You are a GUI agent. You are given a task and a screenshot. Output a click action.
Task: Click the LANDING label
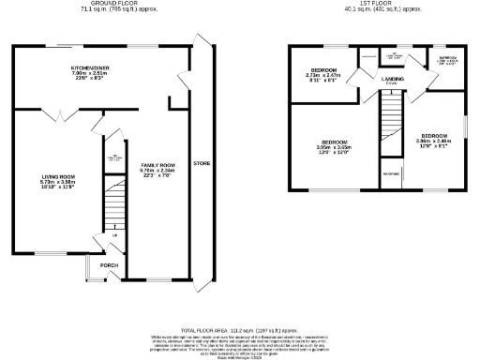[393, 91]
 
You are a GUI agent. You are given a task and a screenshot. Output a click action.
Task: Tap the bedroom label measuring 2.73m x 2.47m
[324, 71]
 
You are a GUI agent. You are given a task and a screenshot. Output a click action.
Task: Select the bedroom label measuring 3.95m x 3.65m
[335, 142]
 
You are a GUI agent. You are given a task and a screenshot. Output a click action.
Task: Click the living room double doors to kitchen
[58, 115]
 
